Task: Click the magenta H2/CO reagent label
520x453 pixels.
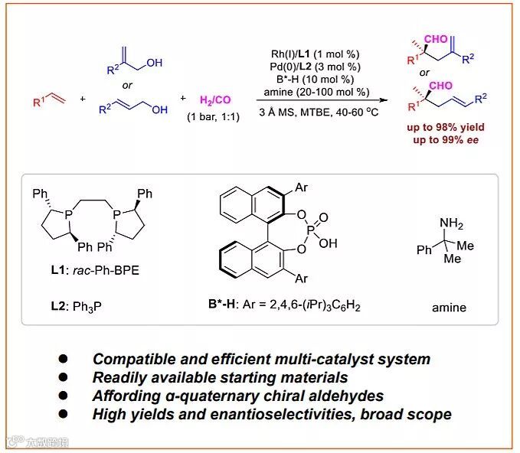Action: (x=217, y=100)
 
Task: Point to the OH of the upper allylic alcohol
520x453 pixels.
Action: (x=154, y=64)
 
